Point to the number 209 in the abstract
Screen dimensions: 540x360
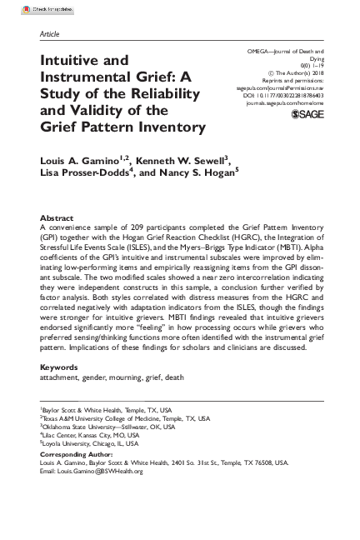[136, 227]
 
